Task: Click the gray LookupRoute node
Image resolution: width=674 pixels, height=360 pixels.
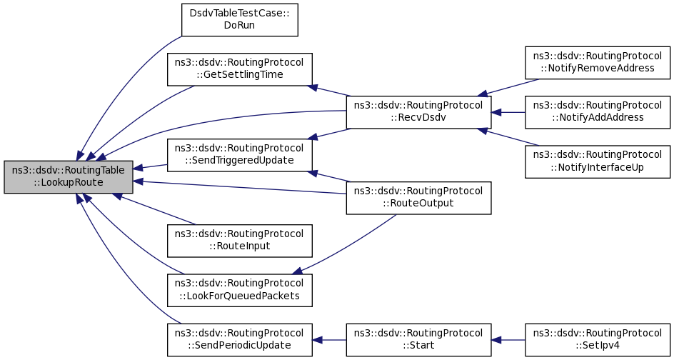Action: pos(69,176)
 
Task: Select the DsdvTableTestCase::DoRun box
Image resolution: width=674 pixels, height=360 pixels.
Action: pos(239,20)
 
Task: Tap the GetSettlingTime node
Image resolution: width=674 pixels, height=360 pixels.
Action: pos(239,69)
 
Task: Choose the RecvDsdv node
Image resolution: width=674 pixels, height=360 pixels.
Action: pos(418,112)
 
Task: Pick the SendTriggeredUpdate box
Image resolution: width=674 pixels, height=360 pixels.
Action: pos(239,155)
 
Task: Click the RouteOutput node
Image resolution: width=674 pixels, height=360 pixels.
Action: pos(418,198)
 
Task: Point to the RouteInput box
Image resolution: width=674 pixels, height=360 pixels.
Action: pos(239,241)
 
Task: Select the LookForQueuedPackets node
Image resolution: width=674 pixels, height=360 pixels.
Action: pos(239,290)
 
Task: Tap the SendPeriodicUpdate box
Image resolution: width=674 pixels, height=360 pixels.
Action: pos(239,340)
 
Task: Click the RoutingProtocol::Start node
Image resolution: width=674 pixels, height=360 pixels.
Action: pos(418,340)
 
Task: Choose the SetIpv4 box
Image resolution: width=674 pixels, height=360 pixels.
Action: pos(598,340)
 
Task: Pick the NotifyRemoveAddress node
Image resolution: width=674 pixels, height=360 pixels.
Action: pos(598,63)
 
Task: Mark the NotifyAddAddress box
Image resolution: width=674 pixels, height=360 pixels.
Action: pos(598,112)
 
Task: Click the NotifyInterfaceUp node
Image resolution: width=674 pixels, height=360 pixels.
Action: pos(598,161)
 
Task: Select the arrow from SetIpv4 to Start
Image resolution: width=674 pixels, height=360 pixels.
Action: pos(508,340)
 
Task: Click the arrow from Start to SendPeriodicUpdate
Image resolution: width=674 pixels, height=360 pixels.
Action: pos(329,340)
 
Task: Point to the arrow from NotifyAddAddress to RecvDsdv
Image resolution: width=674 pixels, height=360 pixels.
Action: pos(508,112)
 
